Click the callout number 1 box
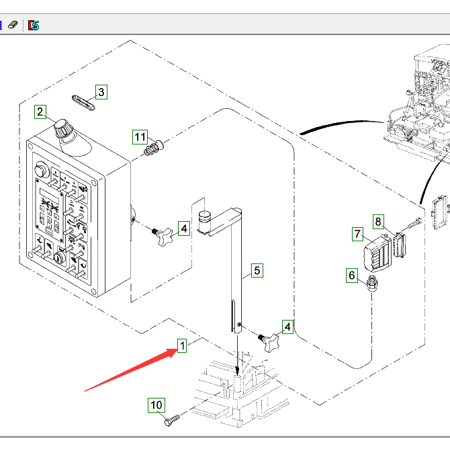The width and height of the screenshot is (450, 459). (x=182, y=345)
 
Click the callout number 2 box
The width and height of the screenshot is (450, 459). (x=40, y=112)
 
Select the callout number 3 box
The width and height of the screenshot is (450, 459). (x=100, y=91)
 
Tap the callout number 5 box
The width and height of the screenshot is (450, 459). (x=257, y=271)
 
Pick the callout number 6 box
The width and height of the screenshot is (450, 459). (x=351, y=274)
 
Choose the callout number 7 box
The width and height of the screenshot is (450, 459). (x=357, y=234)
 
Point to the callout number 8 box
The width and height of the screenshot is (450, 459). (x=378, y=220)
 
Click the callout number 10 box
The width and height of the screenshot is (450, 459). (x=156, y=405)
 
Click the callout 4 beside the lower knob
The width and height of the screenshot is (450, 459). (x=287, y=327)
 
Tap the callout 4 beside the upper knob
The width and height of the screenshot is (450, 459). (x=184, y=230)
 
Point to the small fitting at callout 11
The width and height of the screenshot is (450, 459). (x=154, y=147)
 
